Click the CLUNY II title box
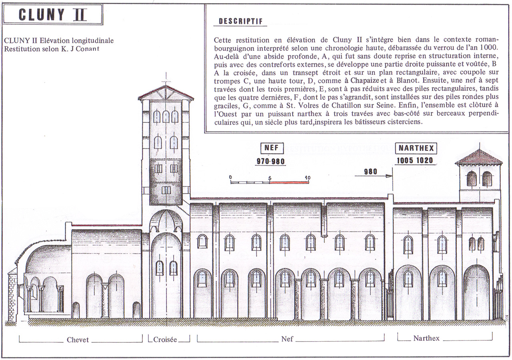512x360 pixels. coord(53,14)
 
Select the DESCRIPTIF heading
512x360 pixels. coord(240,21)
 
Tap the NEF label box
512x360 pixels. coord(272,148)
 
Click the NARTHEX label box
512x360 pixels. coord(416,148)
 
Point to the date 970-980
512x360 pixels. coord(271,161)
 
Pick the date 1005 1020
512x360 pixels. coord(415,160)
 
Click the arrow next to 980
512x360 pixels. coord(374,176)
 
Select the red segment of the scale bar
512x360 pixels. coord(289,182)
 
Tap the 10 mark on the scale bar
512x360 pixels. coord(308,178)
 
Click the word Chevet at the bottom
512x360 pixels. coord(78,340)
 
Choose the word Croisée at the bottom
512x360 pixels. coord(165,340)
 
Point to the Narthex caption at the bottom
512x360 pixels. coord(426,338)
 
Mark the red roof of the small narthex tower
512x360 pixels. coord(478,157)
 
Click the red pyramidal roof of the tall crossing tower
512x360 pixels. coord(166,93)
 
